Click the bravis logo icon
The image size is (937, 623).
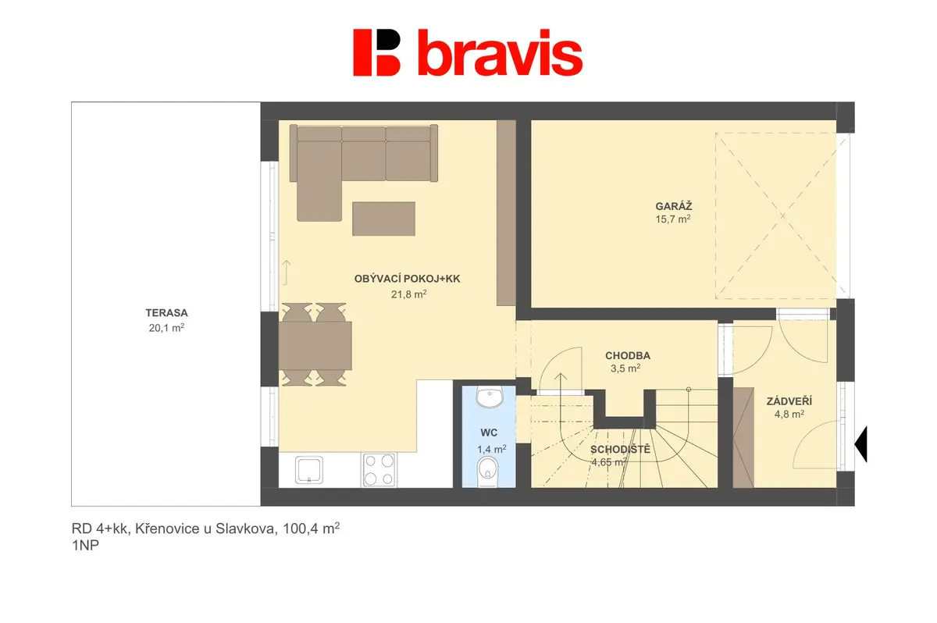tap(376, 52)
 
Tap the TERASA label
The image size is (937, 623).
tap(166, 313)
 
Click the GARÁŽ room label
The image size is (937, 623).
tap(673, 206)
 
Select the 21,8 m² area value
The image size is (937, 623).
tap(408, 294)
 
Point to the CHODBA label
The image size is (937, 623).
tap(628, 356)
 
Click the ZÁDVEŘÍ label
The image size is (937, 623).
tap(789, 401)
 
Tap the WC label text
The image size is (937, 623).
tap(489, 433)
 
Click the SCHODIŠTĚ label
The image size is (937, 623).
tap(620, 450)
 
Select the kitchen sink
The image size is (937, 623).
tap(309, 470)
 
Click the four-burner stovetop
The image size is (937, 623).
tap(379, 470)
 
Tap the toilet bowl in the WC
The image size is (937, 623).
tap(488, 472)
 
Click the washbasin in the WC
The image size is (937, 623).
tap(490, 397)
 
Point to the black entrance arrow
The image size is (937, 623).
tap(860, 444)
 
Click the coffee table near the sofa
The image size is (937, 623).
tap(383, 219)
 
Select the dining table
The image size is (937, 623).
tap(315, 345)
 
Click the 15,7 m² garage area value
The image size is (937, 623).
tap(672, 219)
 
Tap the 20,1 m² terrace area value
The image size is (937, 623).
tap(166, 328)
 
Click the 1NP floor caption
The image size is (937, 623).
tap(85, 546)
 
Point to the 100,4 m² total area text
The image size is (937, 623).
tap(312, 529)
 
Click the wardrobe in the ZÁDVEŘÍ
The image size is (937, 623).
tap(743, 438)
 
